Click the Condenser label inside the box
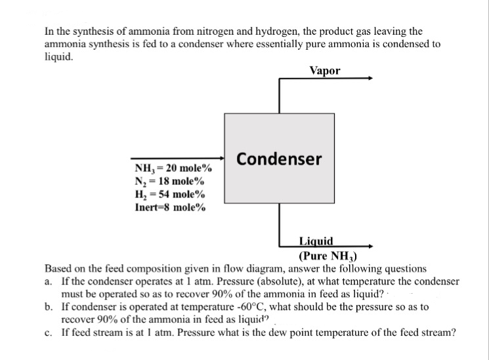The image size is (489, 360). tap(279, 159)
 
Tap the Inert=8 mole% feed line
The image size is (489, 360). tap(169, 208)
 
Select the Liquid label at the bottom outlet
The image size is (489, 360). tap(316, 241)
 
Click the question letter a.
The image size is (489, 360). tap(49, 281)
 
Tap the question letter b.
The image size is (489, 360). tap(49, 307)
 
